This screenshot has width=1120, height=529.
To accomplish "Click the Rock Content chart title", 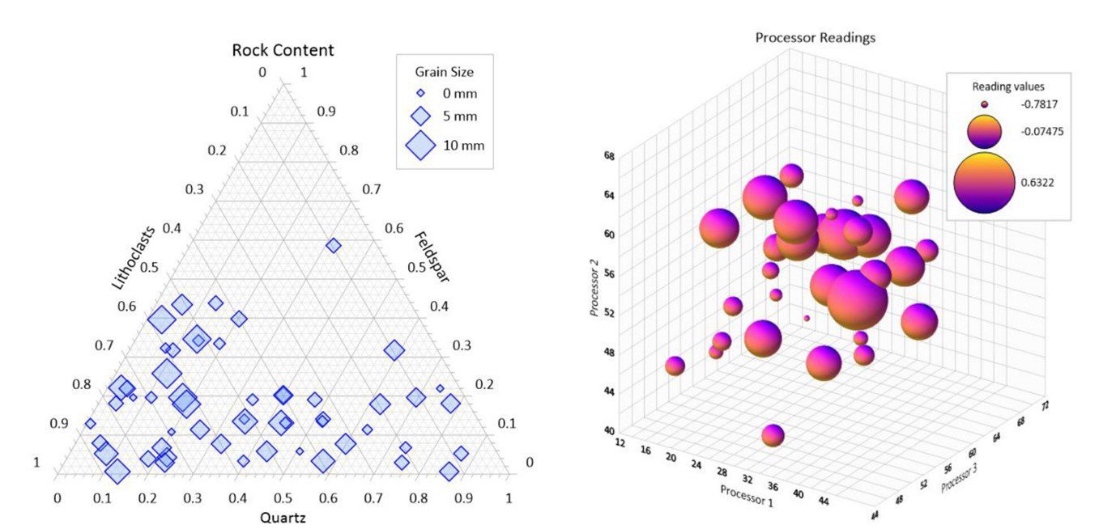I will coord(283,50).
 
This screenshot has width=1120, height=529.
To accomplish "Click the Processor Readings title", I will coord(815,37).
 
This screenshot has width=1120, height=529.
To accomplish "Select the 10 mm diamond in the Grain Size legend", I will coord(421,146).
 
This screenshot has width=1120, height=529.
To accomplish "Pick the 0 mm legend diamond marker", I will coord(420,93).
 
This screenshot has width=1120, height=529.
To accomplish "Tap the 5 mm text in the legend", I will coord(460,116).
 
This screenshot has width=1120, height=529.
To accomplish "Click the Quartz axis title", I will coord(283,518).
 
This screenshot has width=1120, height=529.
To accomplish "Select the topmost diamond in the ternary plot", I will coord(333,245).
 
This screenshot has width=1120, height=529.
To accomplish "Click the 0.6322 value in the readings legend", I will coord(1037,183).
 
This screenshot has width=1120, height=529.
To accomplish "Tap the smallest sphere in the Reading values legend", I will coord(985,104).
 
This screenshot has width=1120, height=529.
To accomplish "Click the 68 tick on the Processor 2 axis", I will coord(608,154).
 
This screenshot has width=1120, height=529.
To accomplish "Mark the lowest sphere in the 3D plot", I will coord(773,435).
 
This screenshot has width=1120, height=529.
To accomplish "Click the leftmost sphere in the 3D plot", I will coord(675,366).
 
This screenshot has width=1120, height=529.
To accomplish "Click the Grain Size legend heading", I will coord(444,72).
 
